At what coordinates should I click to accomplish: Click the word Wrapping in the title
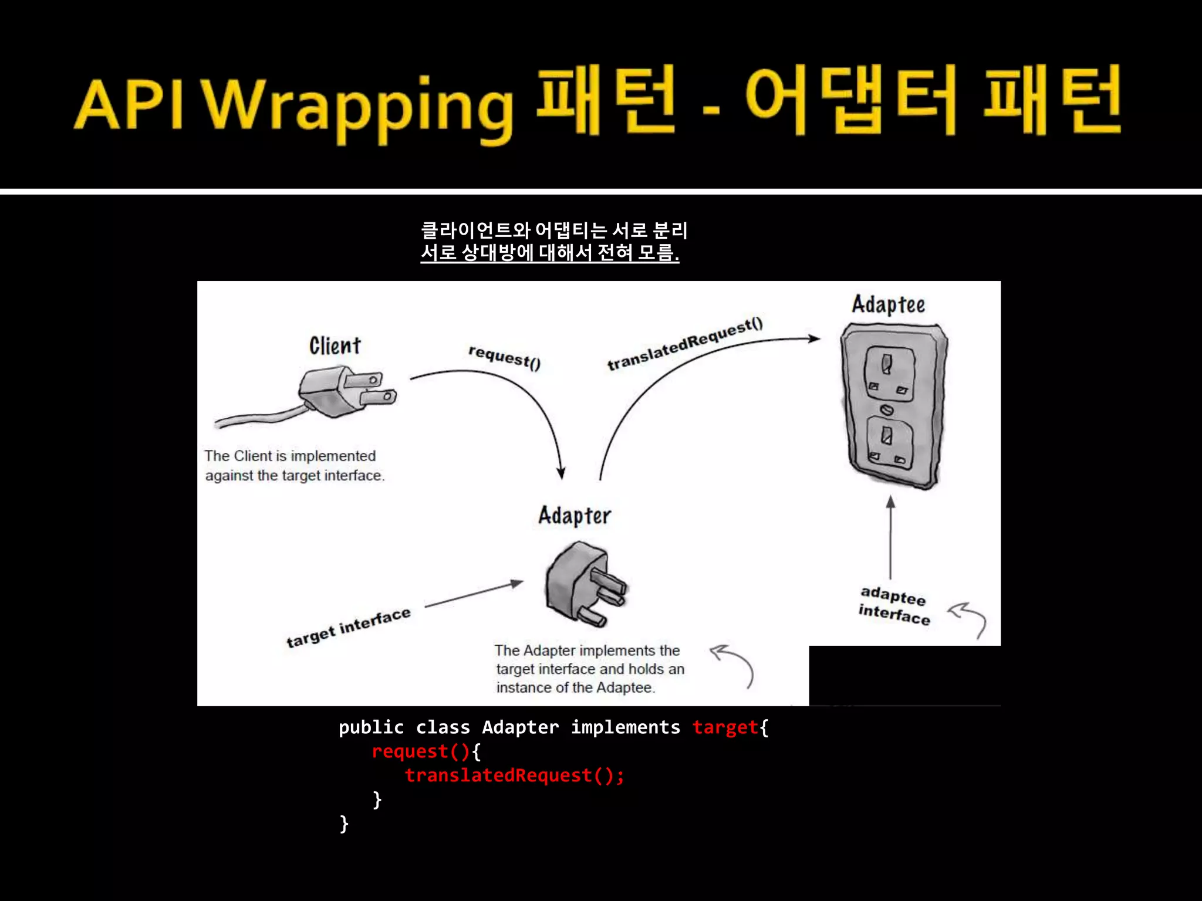359,106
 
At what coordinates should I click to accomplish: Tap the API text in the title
130,104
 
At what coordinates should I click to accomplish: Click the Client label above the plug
335,346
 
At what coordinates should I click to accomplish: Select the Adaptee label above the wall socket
888,304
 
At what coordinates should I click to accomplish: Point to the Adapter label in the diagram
575,516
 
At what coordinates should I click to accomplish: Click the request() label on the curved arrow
504,357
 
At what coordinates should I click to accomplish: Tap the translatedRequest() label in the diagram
685,344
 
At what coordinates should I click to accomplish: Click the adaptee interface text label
894,605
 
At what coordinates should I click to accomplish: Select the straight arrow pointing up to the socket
890,537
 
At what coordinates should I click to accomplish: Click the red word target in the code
725,727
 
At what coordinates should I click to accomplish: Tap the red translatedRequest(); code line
514,775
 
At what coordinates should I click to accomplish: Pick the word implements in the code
625,727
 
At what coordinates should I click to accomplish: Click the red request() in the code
420,751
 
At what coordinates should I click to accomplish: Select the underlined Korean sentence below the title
549,253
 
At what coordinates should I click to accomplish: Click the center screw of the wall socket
887,409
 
